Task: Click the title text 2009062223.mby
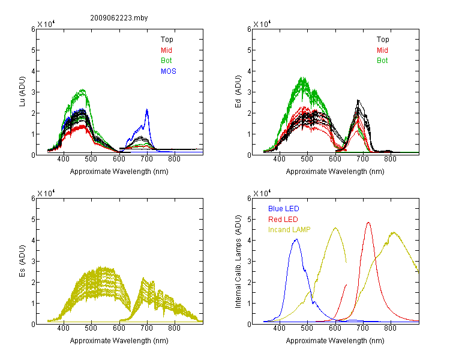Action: (x=119, y=18)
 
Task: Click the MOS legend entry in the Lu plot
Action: (x=169, y=71)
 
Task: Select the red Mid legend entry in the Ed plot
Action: (x=382, y=50)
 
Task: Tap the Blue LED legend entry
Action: (x=284, y=208)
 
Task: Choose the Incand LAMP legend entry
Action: (x=289, y=230)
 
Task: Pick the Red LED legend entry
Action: (x=283, y=220)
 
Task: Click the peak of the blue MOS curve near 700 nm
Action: (x=147, y=109)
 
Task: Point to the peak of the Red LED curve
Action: (x=368, y=223)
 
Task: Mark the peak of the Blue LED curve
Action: (x=296, y=239)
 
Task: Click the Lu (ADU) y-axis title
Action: (x=22, y=92)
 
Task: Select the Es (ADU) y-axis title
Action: (x=22, y=261)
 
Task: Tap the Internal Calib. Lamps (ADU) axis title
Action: (x=238, y=262)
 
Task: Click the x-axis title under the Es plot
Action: (x=119, y=340)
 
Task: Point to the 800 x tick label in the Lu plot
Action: (x=174, y=159)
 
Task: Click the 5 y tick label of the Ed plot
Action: (x=249, y=50)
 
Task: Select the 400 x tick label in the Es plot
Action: (x=63, y=328)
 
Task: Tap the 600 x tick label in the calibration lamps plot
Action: (x=335, y=328)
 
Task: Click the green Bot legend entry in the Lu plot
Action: (x=166, y=61)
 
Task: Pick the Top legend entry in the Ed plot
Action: (x=383, y=40)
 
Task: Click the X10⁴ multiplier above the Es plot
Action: (x=46, y=193)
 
